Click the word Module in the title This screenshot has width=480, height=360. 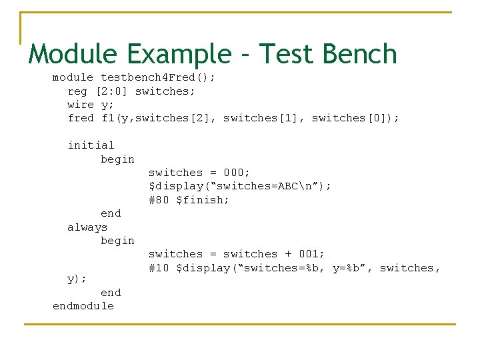71,54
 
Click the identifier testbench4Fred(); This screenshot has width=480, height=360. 158,77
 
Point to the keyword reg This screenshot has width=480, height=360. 77,91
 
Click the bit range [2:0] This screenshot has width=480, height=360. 111,91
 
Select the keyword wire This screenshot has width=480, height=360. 81,105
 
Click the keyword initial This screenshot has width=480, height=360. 91,145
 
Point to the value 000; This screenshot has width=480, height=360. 237,173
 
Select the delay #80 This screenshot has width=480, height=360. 159,200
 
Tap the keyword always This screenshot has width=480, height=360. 87,227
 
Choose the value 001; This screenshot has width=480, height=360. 311,254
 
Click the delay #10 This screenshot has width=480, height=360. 159,268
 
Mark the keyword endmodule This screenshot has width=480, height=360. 83,306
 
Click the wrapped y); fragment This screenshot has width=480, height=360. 77,279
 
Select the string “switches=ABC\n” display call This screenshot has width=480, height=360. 239,186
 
